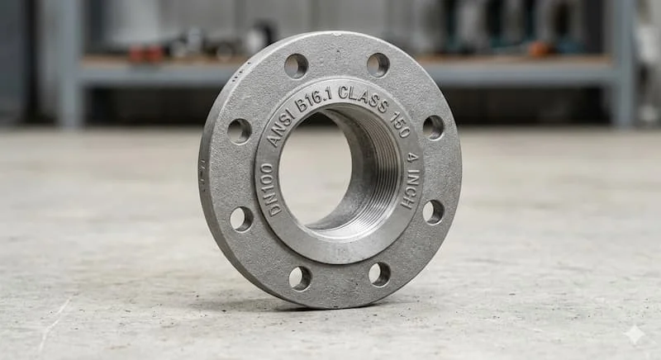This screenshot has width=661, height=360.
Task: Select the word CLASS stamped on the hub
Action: [363, 98]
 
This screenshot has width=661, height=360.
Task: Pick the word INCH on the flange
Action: [411, 188]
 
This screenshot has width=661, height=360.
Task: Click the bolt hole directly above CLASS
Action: [378, 65]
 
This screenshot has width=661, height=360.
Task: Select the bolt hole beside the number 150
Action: [433, 128]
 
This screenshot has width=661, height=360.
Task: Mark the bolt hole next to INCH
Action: [433, 212]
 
